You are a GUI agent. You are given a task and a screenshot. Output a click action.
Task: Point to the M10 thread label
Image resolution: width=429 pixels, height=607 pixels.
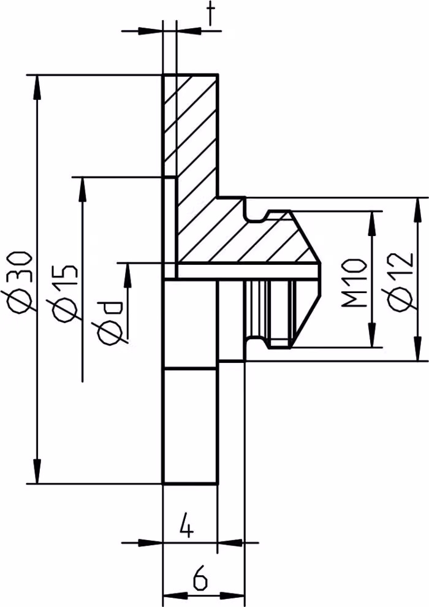pyautogui.click(x=354, y=283)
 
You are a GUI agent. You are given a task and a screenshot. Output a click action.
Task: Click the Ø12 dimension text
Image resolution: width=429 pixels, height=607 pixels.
pyautogui.click(x=401, y=281)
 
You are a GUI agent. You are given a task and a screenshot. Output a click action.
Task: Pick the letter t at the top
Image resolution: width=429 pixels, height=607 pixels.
pyautogui.click(x=211, y=12)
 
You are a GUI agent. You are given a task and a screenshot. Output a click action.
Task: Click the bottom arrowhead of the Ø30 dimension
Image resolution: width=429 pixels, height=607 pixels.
pyautogui.click(x=37, y=471)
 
